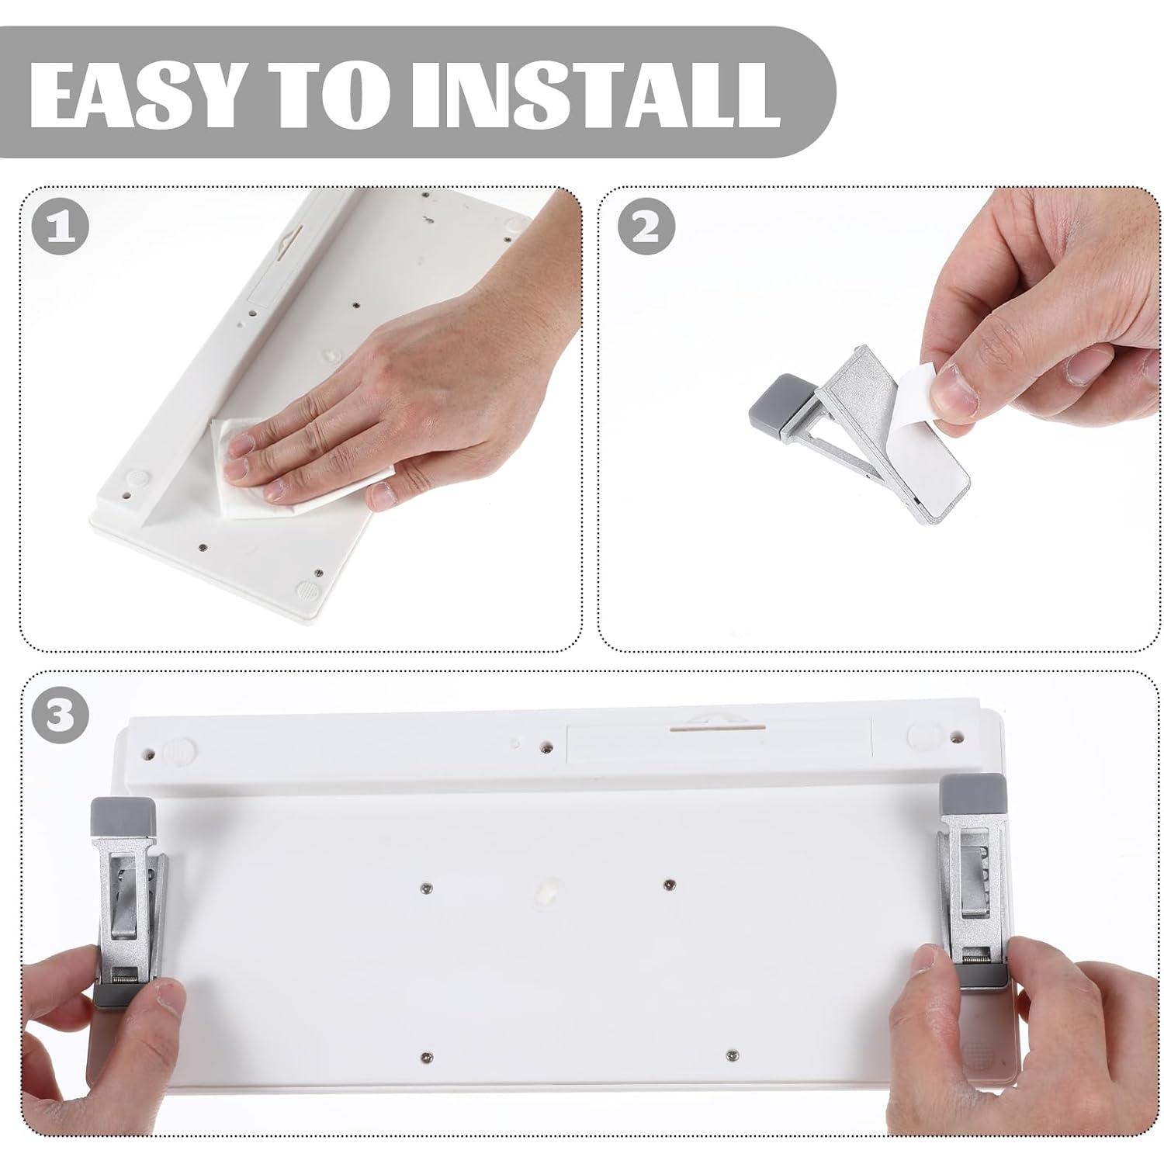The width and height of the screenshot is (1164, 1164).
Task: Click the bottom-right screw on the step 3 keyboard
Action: coord(731,1055)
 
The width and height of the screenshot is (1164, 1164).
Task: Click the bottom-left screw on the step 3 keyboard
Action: coord(424,1056)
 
